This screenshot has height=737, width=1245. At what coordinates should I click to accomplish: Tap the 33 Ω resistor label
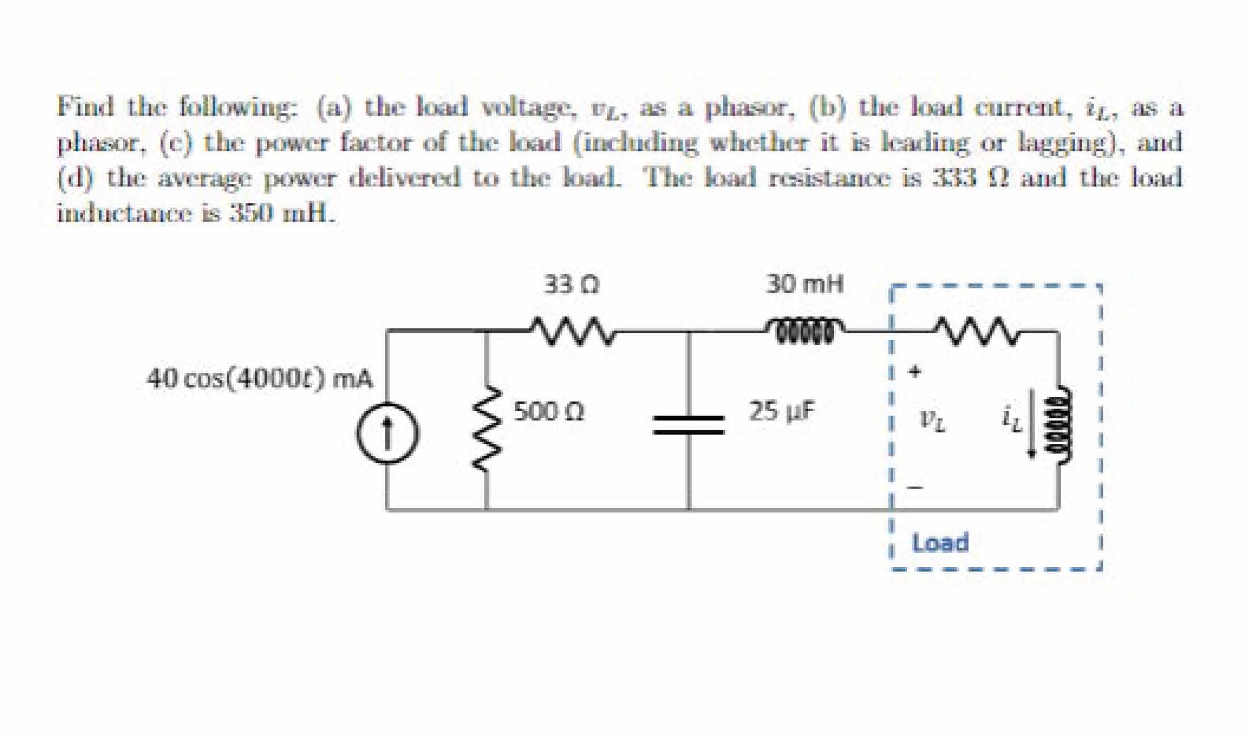point(571,284)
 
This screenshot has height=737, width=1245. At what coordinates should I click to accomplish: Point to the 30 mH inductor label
point(804,284)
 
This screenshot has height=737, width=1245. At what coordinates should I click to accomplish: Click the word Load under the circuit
point(940,543)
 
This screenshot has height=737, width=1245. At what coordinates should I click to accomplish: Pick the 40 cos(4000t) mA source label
point(260,379)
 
